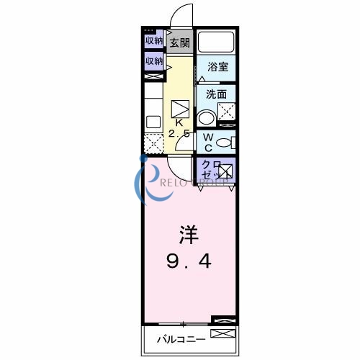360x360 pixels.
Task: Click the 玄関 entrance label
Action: coord(179,43)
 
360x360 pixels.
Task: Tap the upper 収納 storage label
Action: coord(153,40)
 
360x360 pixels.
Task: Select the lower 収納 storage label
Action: coord(153,61)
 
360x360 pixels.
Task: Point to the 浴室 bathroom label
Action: coord(217,67)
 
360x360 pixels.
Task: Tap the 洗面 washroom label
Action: coord(217,94)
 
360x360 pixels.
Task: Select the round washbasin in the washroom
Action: coord(206,118)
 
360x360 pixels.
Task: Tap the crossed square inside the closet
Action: coord(225,171)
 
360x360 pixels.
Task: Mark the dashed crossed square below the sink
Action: coord(153,143)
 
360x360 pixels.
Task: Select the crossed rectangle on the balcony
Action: coord(222,333)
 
